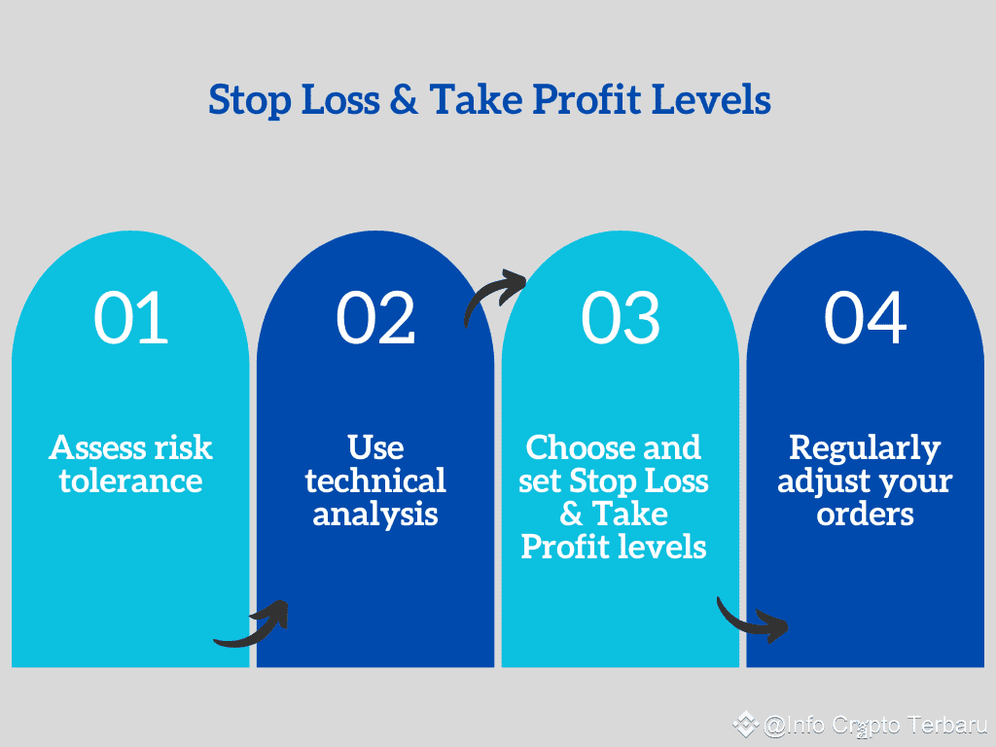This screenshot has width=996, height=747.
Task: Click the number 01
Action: click(x=131, y=317)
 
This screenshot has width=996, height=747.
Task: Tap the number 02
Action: click(x=375, y=317)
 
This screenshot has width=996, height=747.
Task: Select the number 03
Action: click(x=621, y=317)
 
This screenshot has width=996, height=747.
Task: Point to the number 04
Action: click(x=866, y=317)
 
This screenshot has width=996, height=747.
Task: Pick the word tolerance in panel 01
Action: click(x=130, y=480)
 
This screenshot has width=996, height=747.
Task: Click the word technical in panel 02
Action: click(x=375, y=480)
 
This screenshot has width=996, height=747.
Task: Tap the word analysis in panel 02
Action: click(x=375, y=514)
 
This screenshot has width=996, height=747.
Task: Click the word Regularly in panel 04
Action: click(x=865, y=447)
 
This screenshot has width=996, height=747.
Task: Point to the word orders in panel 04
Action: click(x=865, y=514)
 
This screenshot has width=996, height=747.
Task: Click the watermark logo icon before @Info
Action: click(x=746, y=725)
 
